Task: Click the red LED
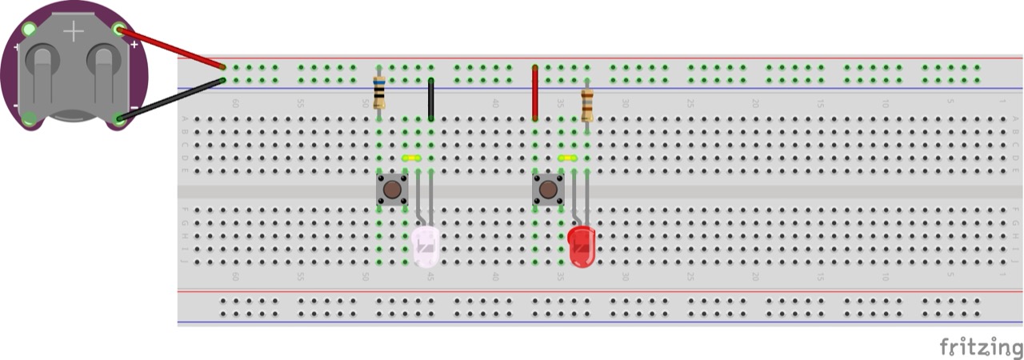[x=582, y=246]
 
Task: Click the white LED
[x=426, y=246]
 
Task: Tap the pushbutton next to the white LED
[x=392, y=190]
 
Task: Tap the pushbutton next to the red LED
[x=548, y=190]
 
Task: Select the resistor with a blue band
[x=379, y=92]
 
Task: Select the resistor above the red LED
[x=587, y=104]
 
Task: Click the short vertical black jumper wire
[x=431, y=99]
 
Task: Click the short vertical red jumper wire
[x=535, y=93]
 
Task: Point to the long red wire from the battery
[x=172, y=48]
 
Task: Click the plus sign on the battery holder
[x=74, y=31]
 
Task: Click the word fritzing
[x=981, y=347]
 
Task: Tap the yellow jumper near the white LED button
[x=412, y=158]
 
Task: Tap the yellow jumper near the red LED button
[x=568, y=158]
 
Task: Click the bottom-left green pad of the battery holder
[x=30, y=119]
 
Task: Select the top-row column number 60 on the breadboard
[x=235, y=103]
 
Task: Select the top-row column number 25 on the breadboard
[x=690, y=103]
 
